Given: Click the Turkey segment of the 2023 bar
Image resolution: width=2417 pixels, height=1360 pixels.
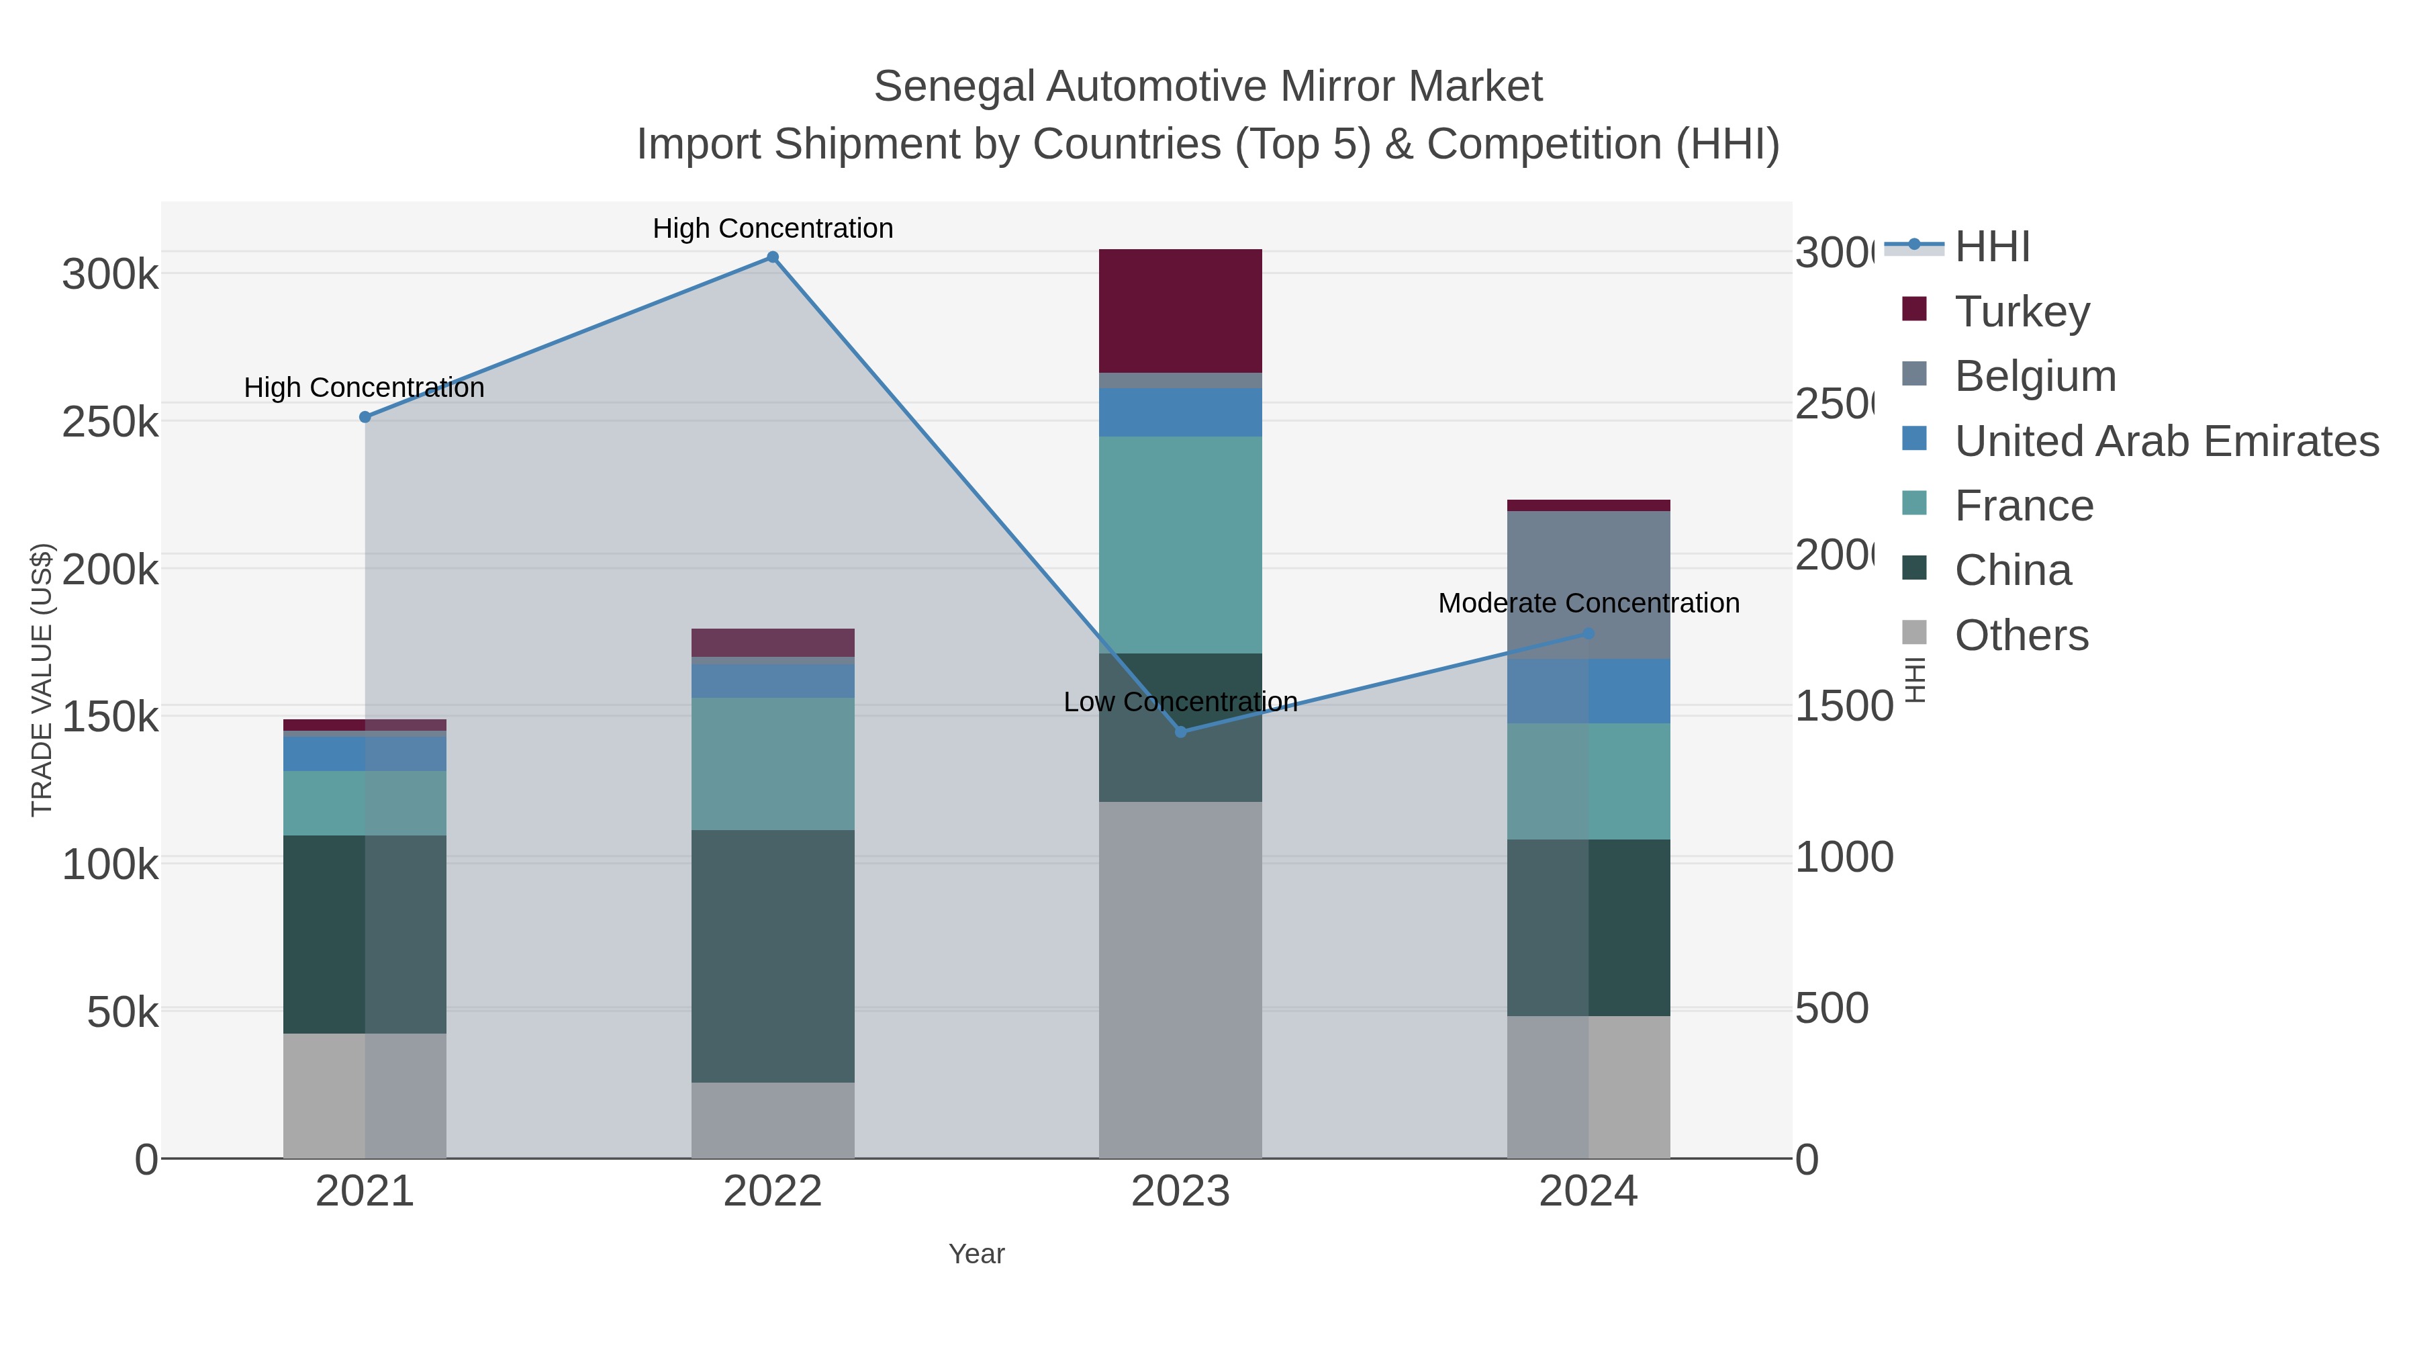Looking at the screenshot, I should click(x=1180, y=311).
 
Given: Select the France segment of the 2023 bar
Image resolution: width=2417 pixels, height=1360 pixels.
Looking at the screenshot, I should click(x=1180, y=545).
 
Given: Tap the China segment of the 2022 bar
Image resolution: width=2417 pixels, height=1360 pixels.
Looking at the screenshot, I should click(x=772, y=956).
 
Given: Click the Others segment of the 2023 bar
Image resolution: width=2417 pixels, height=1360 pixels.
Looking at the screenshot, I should click(x=1180, y=979).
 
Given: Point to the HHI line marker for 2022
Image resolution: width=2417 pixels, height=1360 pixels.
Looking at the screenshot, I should click(x=772, y=257).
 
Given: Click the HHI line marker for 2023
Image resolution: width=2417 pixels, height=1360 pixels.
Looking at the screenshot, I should click(x=1180, y=732).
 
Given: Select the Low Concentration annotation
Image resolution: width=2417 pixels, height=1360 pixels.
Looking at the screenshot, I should click(x=1180, y=702).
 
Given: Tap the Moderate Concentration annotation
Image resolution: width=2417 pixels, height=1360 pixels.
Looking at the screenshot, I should click(x=1588, y=604).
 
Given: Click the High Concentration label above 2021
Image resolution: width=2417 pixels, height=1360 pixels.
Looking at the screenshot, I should click(x=364, y=388).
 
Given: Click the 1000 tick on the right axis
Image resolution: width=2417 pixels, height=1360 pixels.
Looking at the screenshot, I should click(x=1844, y=858).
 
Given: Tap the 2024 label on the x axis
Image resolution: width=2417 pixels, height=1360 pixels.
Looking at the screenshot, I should click(x=1588, y=1192).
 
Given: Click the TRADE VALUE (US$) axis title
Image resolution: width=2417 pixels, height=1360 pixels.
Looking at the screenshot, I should click(x=42, y=680).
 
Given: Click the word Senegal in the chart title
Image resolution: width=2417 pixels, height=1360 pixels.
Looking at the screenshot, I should click(x=953, y=87).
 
